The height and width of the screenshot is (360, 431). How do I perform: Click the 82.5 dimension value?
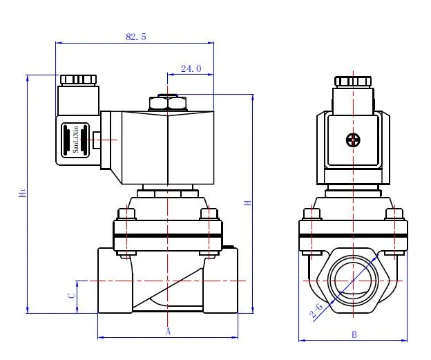click(x=136, y=37)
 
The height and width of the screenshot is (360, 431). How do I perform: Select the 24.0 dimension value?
click(x=191, y=68)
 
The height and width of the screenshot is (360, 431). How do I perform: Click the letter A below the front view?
click(x=167, y=332)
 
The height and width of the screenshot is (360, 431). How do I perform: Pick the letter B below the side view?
click(x=354, y=334)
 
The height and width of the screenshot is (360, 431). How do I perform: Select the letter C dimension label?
click(x=71, y=295)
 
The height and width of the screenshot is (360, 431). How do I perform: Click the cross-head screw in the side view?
click(x=353, y=140)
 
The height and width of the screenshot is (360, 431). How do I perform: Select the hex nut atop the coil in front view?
click(x=168, y=104)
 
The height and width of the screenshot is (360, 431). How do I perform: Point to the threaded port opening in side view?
click(x=353, y=281)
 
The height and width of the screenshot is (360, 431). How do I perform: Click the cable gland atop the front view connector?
click(x=77, y=79)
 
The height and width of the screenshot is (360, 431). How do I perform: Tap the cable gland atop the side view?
click(x=353, y=81)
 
